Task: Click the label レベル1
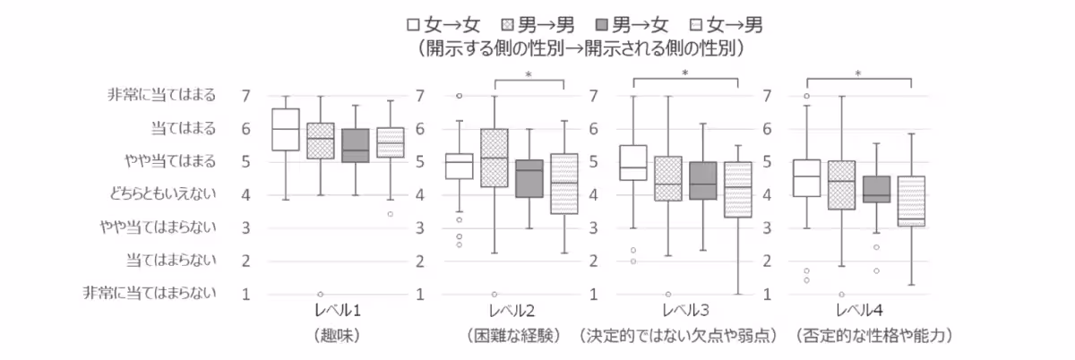(x=338, y=312)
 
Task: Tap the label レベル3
(x=685, y=312)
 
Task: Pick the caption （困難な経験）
(x=512, y=336)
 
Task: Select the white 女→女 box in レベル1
(x=285, y=130)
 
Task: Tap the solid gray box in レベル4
(x=876, y=189)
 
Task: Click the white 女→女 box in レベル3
(x=633, y=162)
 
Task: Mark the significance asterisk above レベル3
(x=685, y=73)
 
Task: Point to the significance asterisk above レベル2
(x=529, y=73)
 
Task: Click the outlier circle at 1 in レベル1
(x=320, y=294)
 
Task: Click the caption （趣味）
(x=338, y=336)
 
